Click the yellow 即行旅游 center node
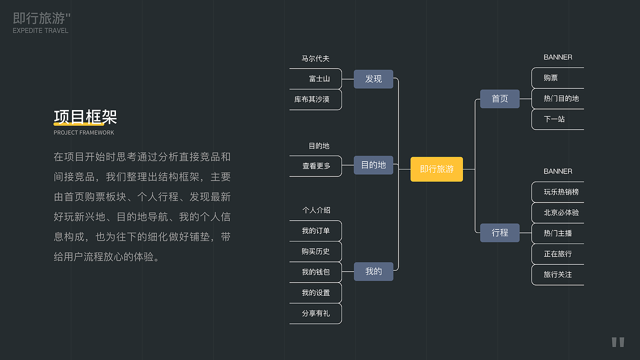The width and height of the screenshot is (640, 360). point(436,169)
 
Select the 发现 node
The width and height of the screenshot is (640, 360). point(373,79)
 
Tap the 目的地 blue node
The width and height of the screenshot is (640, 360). point(373,165)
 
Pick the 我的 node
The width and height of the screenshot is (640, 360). point(373,271)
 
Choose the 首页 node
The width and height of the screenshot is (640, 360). point(499,98)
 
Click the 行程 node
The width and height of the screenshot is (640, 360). point(499,232)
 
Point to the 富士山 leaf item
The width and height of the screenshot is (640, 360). point(319,79)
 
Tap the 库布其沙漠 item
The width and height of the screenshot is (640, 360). point(312,99)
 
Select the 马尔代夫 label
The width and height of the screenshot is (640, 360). point(315,59)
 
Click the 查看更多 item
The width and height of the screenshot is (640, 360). point(316,166)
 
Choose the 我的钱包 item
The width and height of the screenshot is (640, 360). point(315,272)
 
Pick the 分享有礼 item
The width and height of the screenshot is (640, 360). point(315,313)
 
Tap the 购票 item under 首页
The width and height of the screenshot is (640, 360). point(551,78)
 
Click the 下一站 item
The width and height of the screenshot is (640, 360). point(554,119)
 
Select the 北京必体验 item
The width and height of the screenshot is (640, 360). point(561,212)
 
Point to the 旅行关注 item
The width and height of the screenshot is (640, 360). point(557,274)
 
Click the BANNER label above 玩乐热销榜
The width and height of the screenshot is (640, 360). point(558,171)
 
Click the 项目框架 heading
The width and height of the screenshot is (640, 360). point(85,117)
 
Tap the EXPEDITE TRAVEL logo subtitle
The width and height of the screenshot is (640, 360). point(40,30)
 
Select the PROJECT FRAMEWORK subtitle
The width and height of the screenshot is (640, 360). point(83,132)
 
